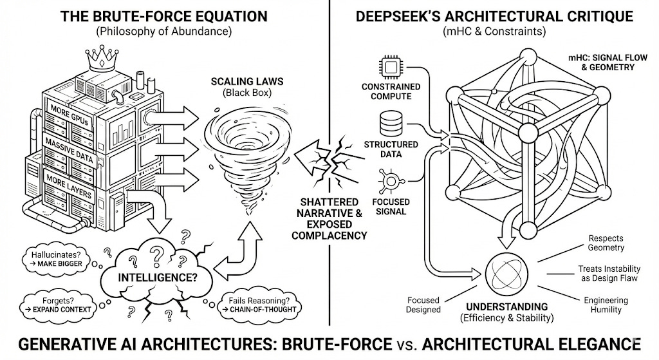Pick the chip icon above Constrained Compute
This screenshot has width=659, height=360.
[x=391, y=66]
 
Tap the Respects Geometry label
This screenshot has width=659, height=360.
[x=606, y=243]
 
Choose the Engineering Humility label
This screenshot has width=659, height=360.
[x=602, y=305]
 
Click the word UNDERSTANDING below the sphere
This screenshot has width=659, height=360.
[x=508, y=307]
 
